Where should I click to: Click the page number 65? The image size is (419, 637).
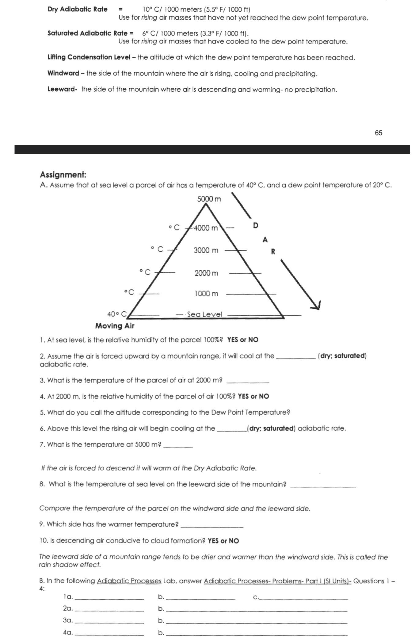pos(378,133)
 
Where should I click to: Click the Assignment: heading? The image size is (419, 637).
pos(63,175)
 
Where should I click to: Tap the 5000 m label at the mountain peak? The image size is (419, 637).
pos(209,199)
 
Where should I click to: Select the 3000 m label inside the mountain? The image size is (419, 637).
pos(206,250)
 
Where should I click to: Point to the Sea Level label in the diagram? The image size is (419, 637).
pos(204,314)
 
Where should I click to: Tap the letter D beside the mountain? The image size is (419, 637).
pos(256,226)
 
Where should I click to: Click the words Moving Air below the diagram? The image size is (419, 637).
pos(115,326)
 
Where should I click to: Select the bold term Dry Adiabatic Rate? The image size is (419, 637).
pos(78,9)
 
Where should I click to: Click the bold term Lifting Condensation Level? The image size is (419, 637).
pos(89,57)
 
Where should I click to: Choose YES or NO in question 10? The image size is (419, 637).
pos(223,541)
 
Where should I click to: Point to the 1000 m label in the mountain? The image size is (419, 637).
pos(206,294)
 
